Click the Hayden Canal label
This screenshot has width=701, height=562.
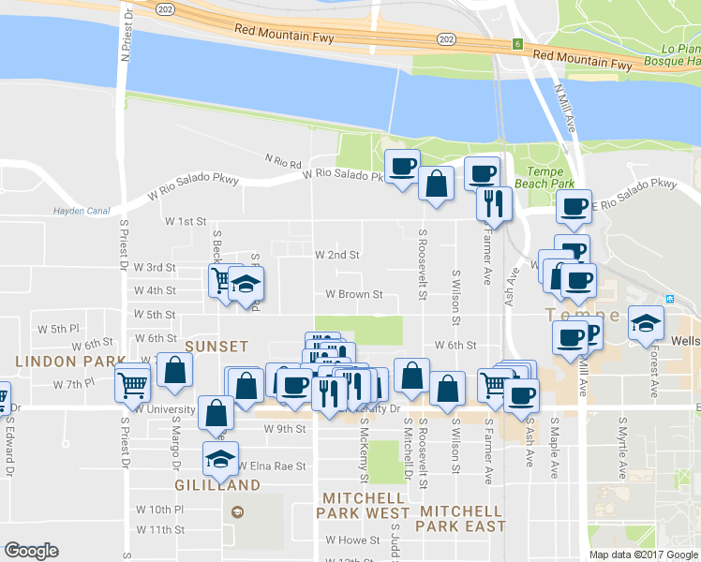point(82,210)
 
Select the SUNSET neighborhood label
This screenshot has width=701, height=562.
point(216,347)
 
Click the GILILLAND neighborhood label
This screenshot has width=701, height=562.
point(217,485)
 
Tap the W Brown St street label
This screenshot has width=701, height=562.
point(353,294)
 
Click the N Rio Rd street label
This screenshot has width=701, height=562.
point(282,162)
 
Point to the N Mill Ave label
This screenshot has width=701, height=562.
point(569,106)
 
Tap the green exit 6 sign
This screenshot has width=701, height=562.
point(516,44)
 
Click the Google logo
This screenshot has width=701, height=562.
point(31,551)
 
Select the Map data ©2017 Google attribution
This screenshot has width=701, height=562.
point(642,555)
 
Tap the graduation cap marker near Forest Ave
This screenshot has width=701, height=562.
point(646,323)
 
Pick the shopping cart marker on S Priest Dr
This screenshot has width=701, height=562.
point(132,383)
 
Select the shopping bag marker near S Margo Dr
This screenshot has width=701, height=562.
point(174,369)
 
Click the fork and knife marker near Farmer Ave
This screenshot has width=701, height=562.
point(493,202)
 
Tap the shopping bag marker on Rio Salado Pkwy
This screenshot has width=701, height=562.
point(437,183)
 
